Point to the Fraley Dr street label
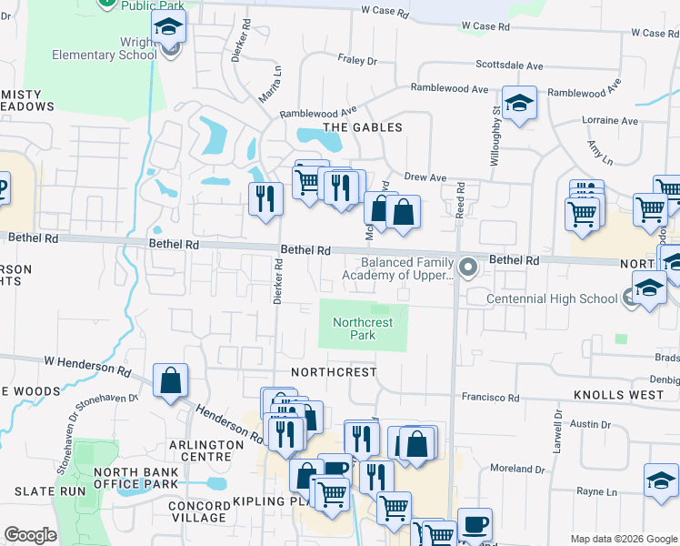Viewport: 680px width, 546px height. pos(356,61)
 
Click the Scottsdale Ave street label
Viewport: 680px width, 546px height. pos(509,66)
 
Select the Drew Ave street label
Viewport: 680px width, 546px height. pos(425,177)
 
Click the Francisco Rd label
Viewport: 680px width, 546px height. pos(490,398)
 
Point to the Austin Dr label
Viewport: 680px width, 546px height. pos(591,424)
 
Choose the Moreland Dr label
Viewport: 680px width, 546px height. pos(522,470)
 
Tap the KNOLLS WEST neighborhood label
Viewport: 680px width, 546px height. pos(618,396)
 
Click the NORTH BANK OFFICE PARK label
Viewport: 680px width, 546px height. pos(136,478)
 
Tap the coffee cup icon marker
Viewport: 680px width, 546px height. pos(475,525)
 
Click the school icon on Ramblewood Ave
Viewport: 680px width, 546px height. pos(519,103)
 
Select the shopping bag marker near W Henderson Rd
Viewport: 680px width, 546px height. pos(170,381)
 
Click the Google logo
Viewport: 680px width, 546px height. pos(30,535)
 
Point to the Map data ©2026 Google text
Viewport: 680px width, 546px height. pos(623,539)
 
